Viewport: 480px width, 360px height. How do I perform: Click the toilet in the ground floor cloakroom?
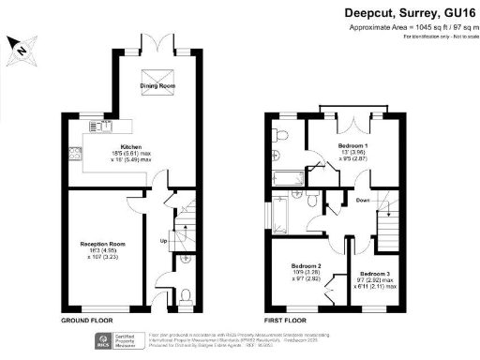click(x=184, y=295)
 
